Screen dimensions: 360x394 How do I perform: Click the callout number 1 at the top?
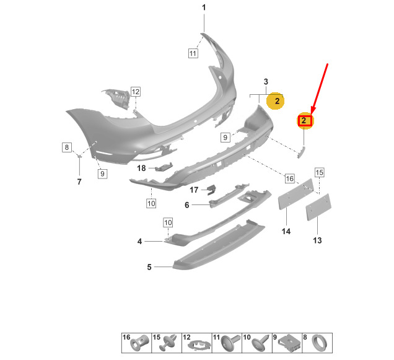pos(204,7)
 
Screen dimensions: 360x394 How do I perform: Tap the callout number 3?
pos(266,82)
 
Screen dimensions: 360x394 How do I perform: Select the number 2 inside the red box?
pos(305,121)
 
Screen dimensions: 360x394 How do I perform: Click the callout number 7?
pos(79,182)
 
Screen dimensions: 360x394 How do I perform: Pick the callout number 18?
pos(142,168)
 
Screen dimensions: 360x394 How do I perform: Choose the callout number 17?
pos(194,190)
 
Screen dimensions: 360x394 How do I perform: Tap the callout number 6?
pos(186,206)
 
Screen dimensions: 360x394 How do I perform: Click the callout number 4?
pos(140,241)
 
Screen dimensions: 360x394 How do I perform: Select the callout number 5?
pos(149,267)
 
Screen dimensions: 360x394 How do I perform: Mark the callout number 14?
pos(286,232)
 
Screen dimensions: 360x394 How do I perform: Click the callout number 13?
pos(317,240)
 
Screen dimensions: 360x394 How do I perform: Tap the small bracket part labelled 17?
pos(210,190)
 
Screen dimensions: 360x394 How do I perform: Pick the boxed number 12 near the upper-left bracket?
pos(135,92)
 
